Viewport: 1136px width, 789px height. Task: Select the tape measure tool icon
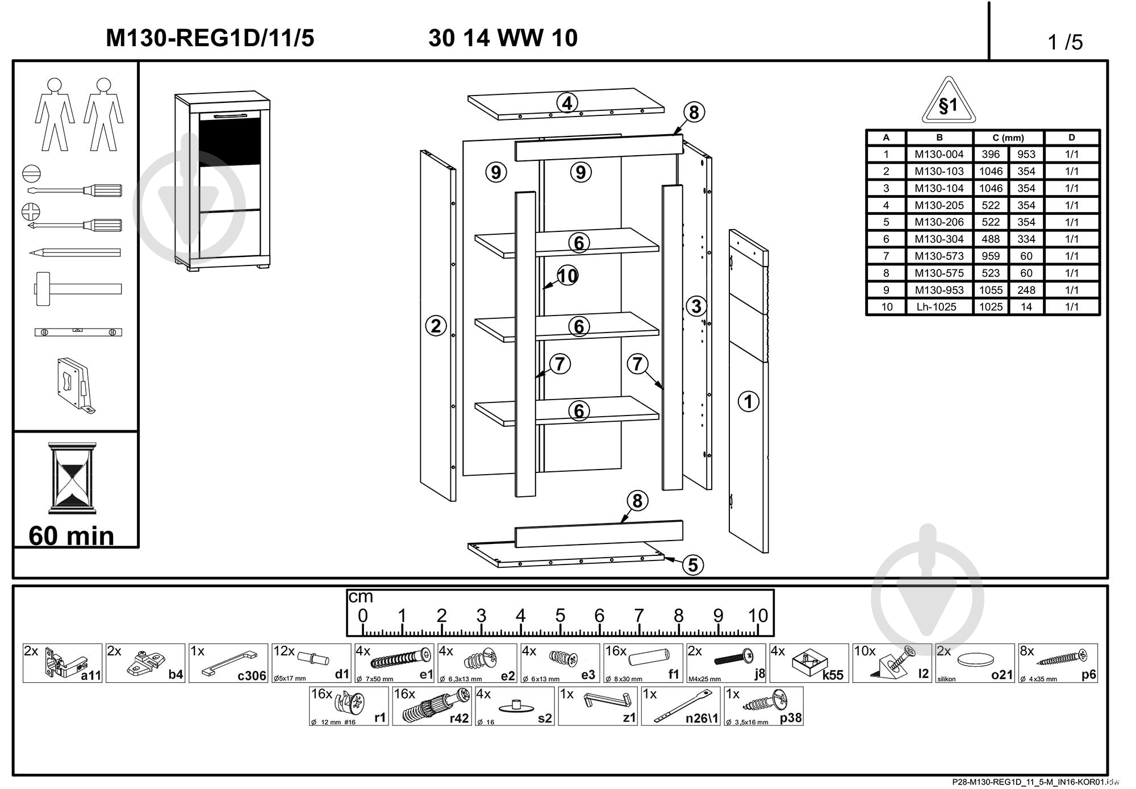point(75,383)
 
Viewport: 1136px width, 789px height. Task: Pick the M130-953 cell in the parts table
point(939,290)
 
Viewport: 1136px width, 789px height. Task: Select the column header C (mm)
point(1008,138)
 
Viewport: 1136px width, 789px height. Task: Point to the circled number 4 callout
point(567,103)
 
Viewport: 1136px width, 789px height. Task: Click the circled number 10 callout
point(567,276)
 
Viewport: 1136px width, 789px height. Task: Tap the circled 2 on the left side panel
point(436,326)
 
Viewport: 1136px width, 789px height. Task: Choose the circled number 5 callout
point(692,564)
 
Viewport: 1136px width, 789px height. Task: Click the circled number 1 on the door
point(748,401)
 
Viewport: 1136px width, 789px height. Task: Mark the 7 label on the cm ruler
point(639,616)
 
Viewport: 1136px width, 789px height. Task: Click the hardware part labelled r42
point(432,707)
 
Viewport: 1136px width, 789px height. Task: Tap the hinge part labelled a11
point(62,663)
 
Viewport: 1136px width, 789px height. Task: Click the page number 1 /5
point(1065,42)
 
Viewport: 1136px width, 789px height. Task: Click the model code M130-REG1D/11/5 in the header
point(210,38)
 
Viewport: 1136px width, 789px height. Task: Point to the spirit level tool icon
point(78,332)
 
